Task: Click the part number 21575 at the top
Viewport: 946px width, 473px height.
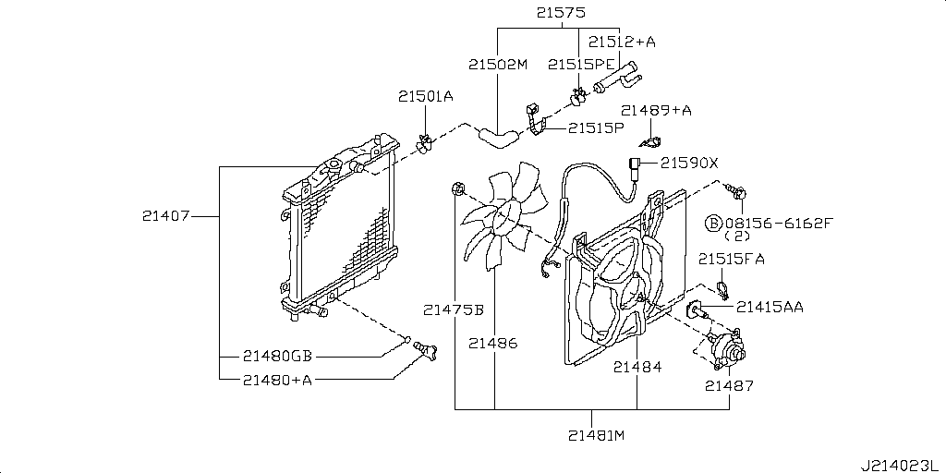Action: pyautogui.click(x=561, y=12)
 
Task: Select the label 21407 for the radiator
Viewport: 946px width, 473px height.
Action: pyautogui.click(x=166, y=215)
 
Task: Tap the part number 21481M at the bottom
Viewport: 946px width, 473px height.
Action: pyautogui.click(x=597, y=435)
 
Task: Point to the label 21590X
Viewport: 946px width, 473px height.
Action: pyautogui.click(x=689, y=163)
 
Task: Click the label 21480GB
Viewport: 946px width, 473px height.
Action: pyautogui.click(x=277, y=357)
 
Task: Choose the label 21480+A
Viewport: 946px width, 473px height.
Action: pyautogui.click(x=277, y=380)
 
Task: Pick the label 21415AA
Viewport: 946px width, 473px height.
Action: pyautogui.click(x=770, y=307)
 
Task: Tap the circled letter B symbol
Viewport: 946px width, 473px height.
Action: pyautogui.click(x=713, y=224)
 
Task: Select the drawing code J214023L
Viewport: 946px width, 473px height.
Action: pyautogui.click(x=902, y=466)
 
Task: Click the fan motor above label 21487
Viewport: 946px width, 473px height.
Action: pyautogui.click(x=726, y=350)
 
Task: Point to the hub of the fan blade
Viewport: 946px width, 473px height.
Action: pyautogui.click(x=506, y=216)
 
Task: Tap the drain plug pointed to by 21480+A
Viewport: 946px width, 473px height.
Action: pyautogui.click(x=425, y=351)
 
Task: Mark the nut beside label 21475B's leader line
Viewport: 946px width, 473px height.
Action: pyautogui.click(x=458, y=190)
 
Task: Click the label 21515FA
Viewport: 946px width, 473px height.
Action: pyautogui.click(x=732, y=260)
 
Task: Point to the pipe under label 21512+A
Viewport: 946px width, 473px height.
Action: pyautogui.click(x=617, y=78)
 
